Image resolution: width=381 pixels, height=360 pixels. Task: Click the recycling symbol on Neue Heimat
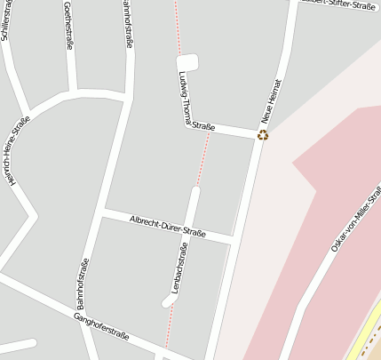pyautogui.click(x=262, y=135)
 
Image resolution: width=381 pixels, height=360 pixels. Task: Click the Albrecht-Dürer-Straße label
pyautogui.click(x=167, y=227)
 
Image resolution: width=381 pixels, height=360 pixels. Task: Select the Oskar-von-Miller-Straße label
pyautogui.click(x=356, y=218)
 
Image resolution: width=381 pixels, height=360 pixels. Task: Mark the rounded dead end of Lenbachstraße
pyautogui.click(x=168, y=302)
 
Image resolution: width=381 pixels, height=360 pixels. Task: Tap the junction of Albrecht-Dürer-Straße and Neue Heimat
pyautogui.click(x=233, y=241)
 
